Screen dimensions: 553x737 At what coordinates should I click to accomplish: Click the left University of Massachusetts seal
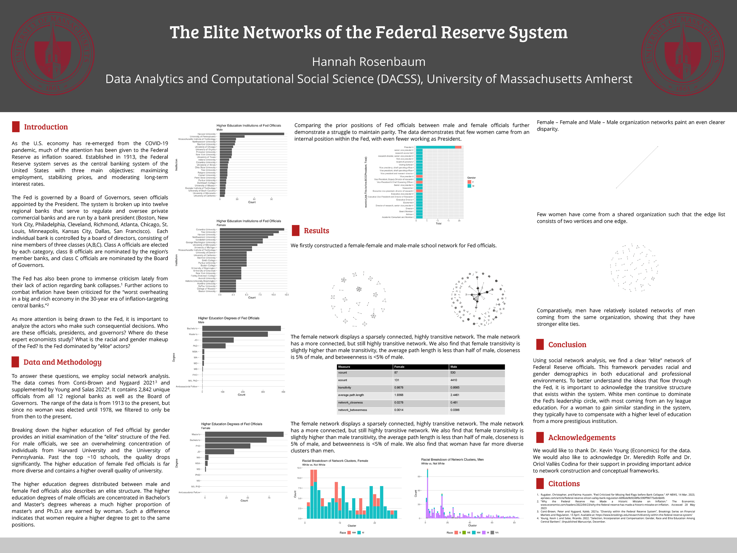53,53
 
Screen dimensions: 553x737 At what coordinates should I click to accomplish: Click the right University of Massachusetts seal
683,53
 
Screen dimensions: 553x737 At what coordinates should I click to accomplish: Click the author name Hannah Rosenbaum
368,62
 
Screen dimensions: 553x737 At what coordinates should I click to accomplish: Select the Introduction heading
46,127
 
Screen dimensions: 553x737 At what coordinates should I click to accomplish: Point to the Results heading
316,231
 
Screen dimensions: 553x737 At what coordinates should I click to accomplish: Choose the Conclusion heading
567,345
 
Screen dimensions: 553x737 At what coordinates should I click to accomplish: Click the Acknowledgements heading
582,438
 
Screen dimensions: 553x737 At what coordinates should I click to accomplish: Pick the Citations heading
564,484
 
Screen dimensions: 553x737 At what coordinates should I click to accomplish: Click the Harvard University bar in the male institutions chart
252,134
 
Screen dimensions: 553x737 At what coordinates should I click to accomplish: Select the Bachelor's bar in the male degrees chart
241,329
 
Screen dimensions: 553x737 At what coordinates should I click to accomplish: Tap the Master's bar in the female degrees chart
244,434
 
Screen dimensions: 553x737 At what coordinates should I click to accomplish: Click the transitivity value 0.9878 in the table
399,388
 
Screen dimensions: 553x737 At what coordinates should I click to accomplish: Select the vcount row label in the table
343,373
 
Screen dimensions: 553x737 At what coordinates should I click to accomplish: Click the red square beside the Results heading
295,231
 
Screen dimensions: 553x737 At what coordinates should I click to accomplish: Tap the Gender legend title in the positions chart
471,178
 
